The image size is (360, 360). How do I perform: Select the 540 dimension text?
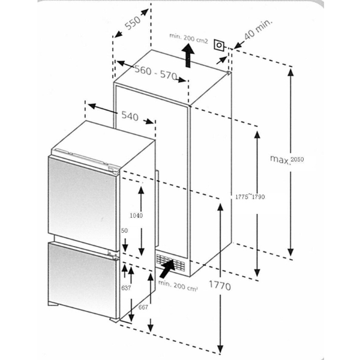130,116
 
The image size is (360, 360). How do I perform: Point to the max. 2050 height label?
287,159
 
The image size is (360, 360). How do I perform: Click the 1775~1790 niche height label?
250,197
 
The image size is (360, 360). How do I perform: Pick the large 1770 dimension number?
220,286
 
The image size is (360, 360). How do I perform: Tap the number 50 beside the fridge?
125,230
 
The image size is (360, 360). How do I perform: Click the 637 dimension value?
125,288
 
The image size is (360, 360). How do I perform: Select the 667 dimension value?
143,307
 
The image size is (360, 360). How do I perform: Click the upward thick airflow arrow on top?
188,57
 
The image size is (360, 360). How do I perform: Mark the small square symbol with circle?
220,45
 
